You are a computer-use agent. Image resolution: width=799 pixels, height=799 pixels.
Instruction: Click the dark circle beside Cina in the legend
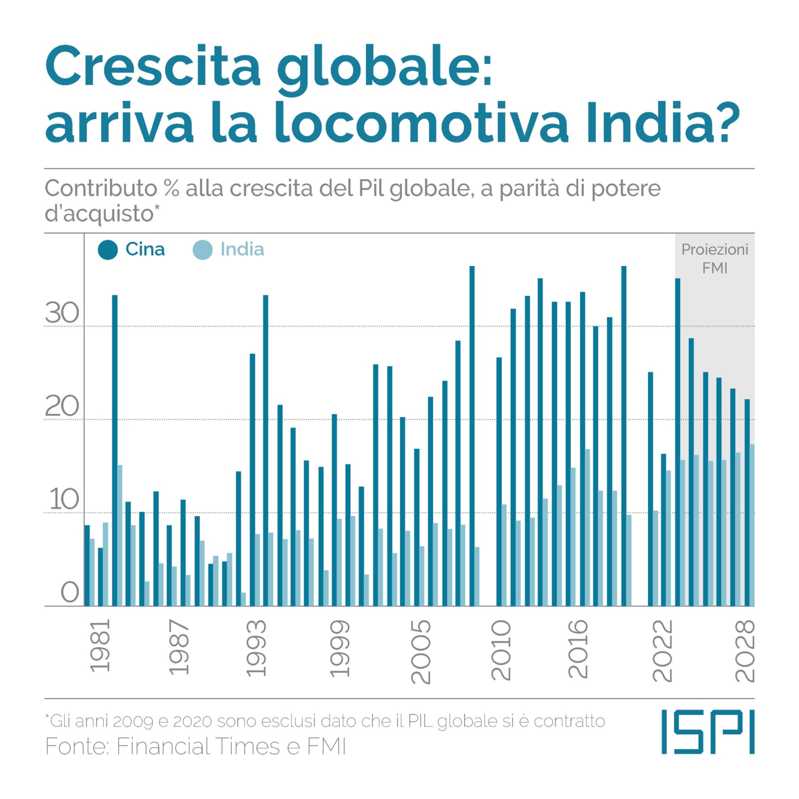click(107, 250)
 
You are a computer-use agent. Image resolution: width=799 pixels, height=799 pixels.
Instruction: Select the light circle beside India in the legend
click(203, 250)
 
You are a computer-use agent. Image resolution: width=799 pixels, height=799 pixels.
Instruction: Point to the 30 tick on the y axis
click(62, 313)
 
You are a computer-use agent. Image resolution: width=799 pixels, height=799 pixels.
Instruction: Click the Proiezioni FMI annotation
click(715, 258)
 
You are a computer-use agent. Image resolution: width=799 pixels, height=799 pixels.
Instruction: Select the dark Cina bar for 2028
click(747, 503)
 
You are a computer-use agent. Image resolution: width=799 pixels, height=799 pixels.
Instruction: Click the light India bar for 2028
click(752, 525)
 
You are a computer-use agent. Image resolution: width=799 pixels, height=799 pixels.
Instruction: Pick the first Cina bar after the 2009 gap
click(499, 482)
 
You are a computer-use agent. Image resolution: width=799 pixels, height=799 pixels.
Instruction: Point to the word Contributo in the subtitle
click(101, 189)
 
